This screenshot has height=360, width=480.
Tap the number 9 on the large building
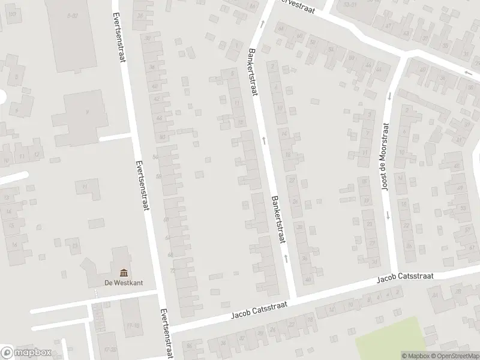coord(87,112)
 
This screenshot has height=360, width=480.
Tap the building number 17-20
coord(109,349)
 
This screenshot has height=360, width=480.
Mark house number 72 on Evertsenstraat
coord(173,271)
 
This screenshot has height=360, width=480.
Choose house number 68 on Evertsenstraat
coord(170,254)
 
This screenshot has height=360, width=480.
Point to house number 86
coord(190,346)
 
